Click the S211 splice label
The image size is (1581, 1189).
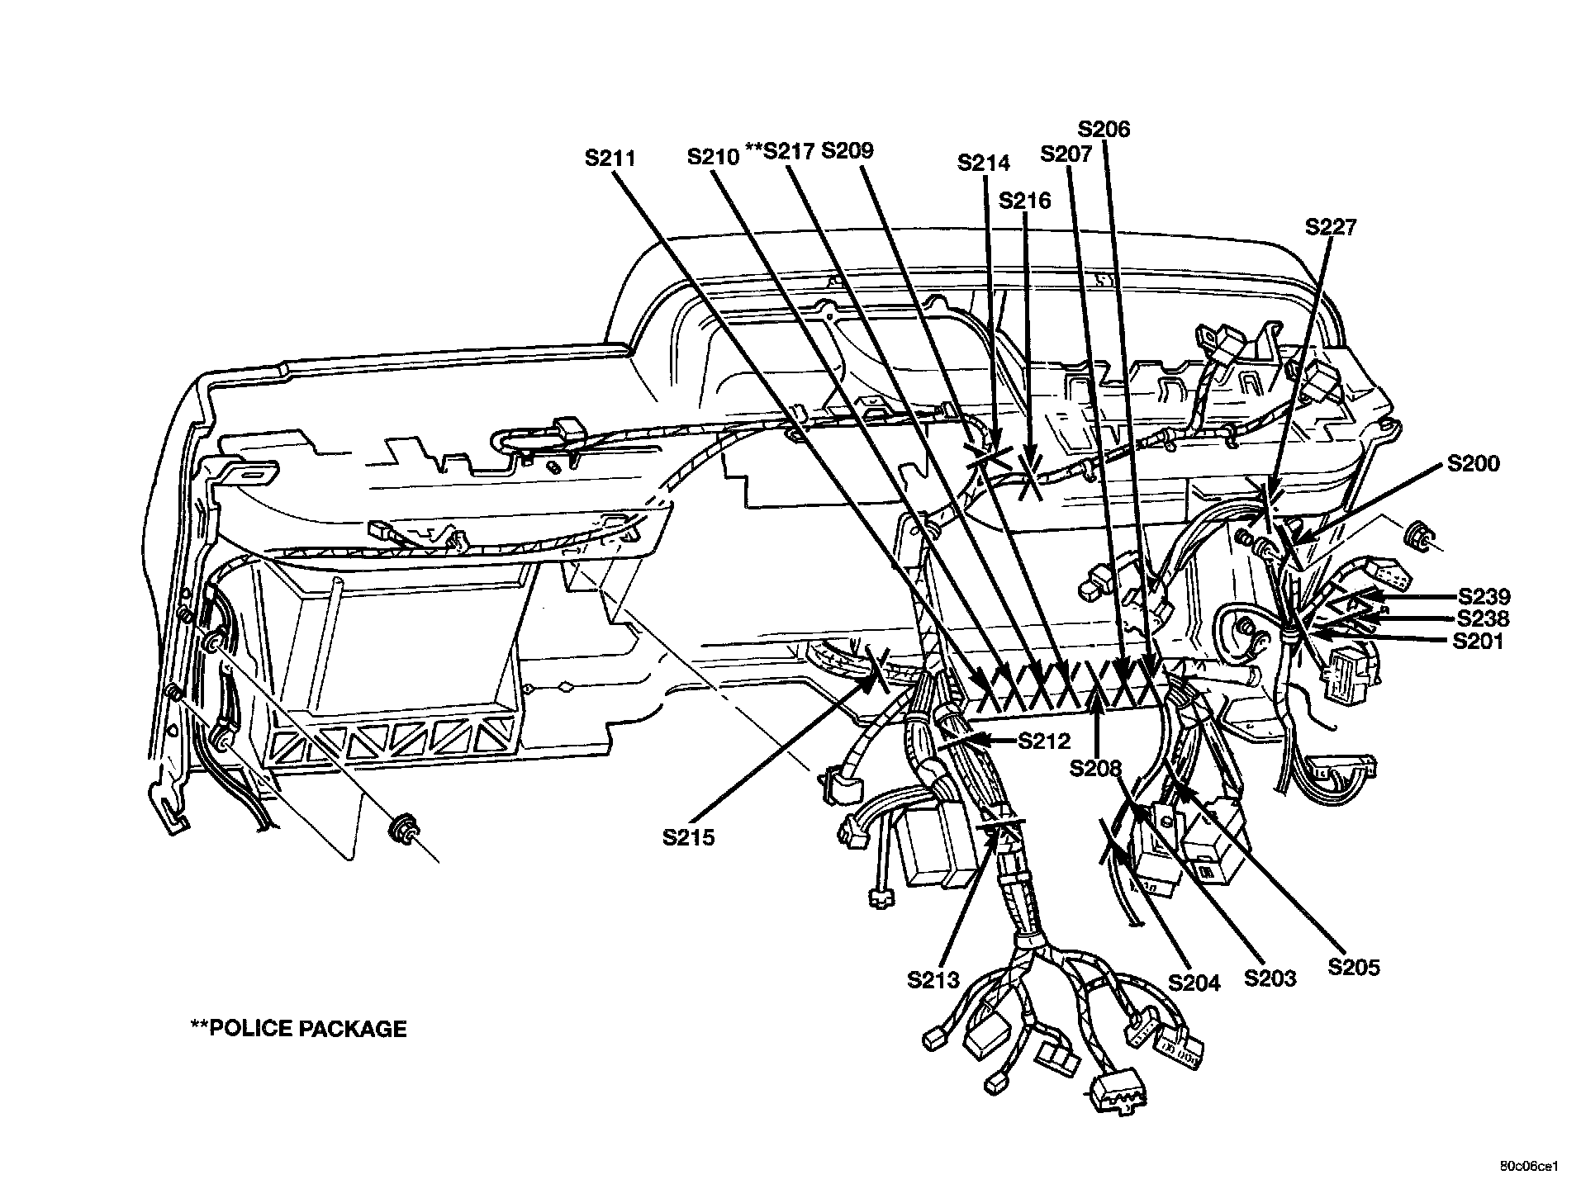[x=610, y=158]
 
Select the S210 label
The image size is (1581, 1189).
[x=713, y=156]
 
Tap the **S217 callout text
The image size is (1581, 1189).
[x=780, y=151]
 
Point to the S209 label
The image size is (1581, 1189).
[x=847, y=150]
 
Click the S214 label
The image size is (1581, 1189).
[x=983, y=163]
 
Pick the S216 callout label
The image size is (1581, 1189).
[x=1024, y=201]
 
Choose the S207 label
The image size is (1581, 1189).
[x=1066, y=154]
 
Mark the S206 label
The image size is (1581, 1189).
[x=1104, y=129]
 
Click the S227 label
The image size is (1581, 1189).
[x=1331, y=226]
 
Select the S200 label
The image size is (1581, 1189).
[x=1473, y=464]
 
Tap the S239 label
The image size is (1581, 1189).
[x=1484, y=596]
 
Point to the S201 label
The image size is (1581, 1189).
[x=1478, y=641]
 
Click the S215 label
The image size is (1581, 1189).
[x=688, y=837]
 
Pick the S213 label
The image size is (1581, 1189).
[x=933, y=980]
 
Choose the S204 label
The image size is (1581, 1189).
[x=1194, y=983]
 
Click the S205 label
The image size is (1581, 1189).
[x=1354, y=967]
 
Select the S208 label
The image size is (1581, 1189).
[x=1095, y=769]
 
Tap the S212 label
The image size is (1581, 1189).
[x=1044, y=741]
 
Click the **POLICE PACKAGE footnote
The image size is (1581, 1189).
[x=298, y=1028]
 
